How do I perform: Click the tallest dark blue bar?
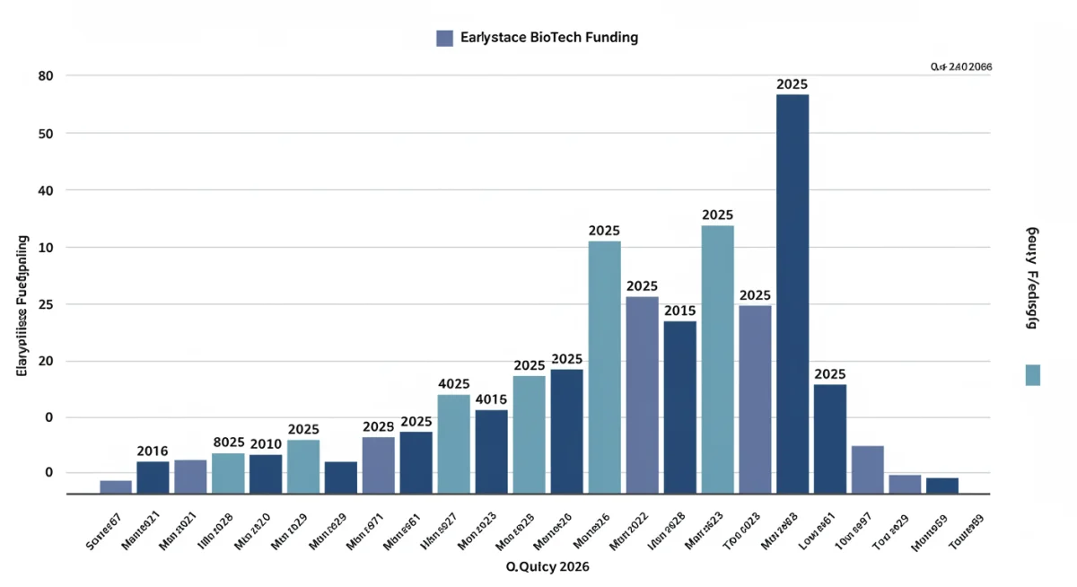[792, 293]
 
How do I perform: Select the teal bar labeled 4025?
[453, 443]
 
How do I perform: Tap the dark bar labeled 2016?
[153, 477]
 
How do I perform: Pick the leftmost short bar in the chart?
[116, 486]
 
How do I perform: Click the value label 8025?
[229, 442]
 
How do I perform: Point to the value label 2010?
[266, 444]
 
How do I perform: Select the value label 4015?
[491, 399]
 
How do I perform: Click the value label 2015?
[679, 311]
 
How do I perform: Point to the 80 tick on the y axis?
[47, 76]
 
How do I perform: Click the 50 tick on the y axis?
[47, 134]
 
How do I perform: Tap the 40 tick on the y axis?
[47, 190]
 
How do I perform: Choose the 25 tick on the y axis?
[47, 305]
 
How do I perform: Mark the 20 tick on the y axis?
[47, 362]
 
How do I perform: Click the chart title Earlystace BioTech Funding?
[548, 38]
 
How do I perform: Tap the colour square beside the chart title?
[444, 38]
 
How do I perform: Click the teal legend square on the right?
[1032, 375]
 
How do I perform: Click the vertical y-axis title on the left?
[22, 305]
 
